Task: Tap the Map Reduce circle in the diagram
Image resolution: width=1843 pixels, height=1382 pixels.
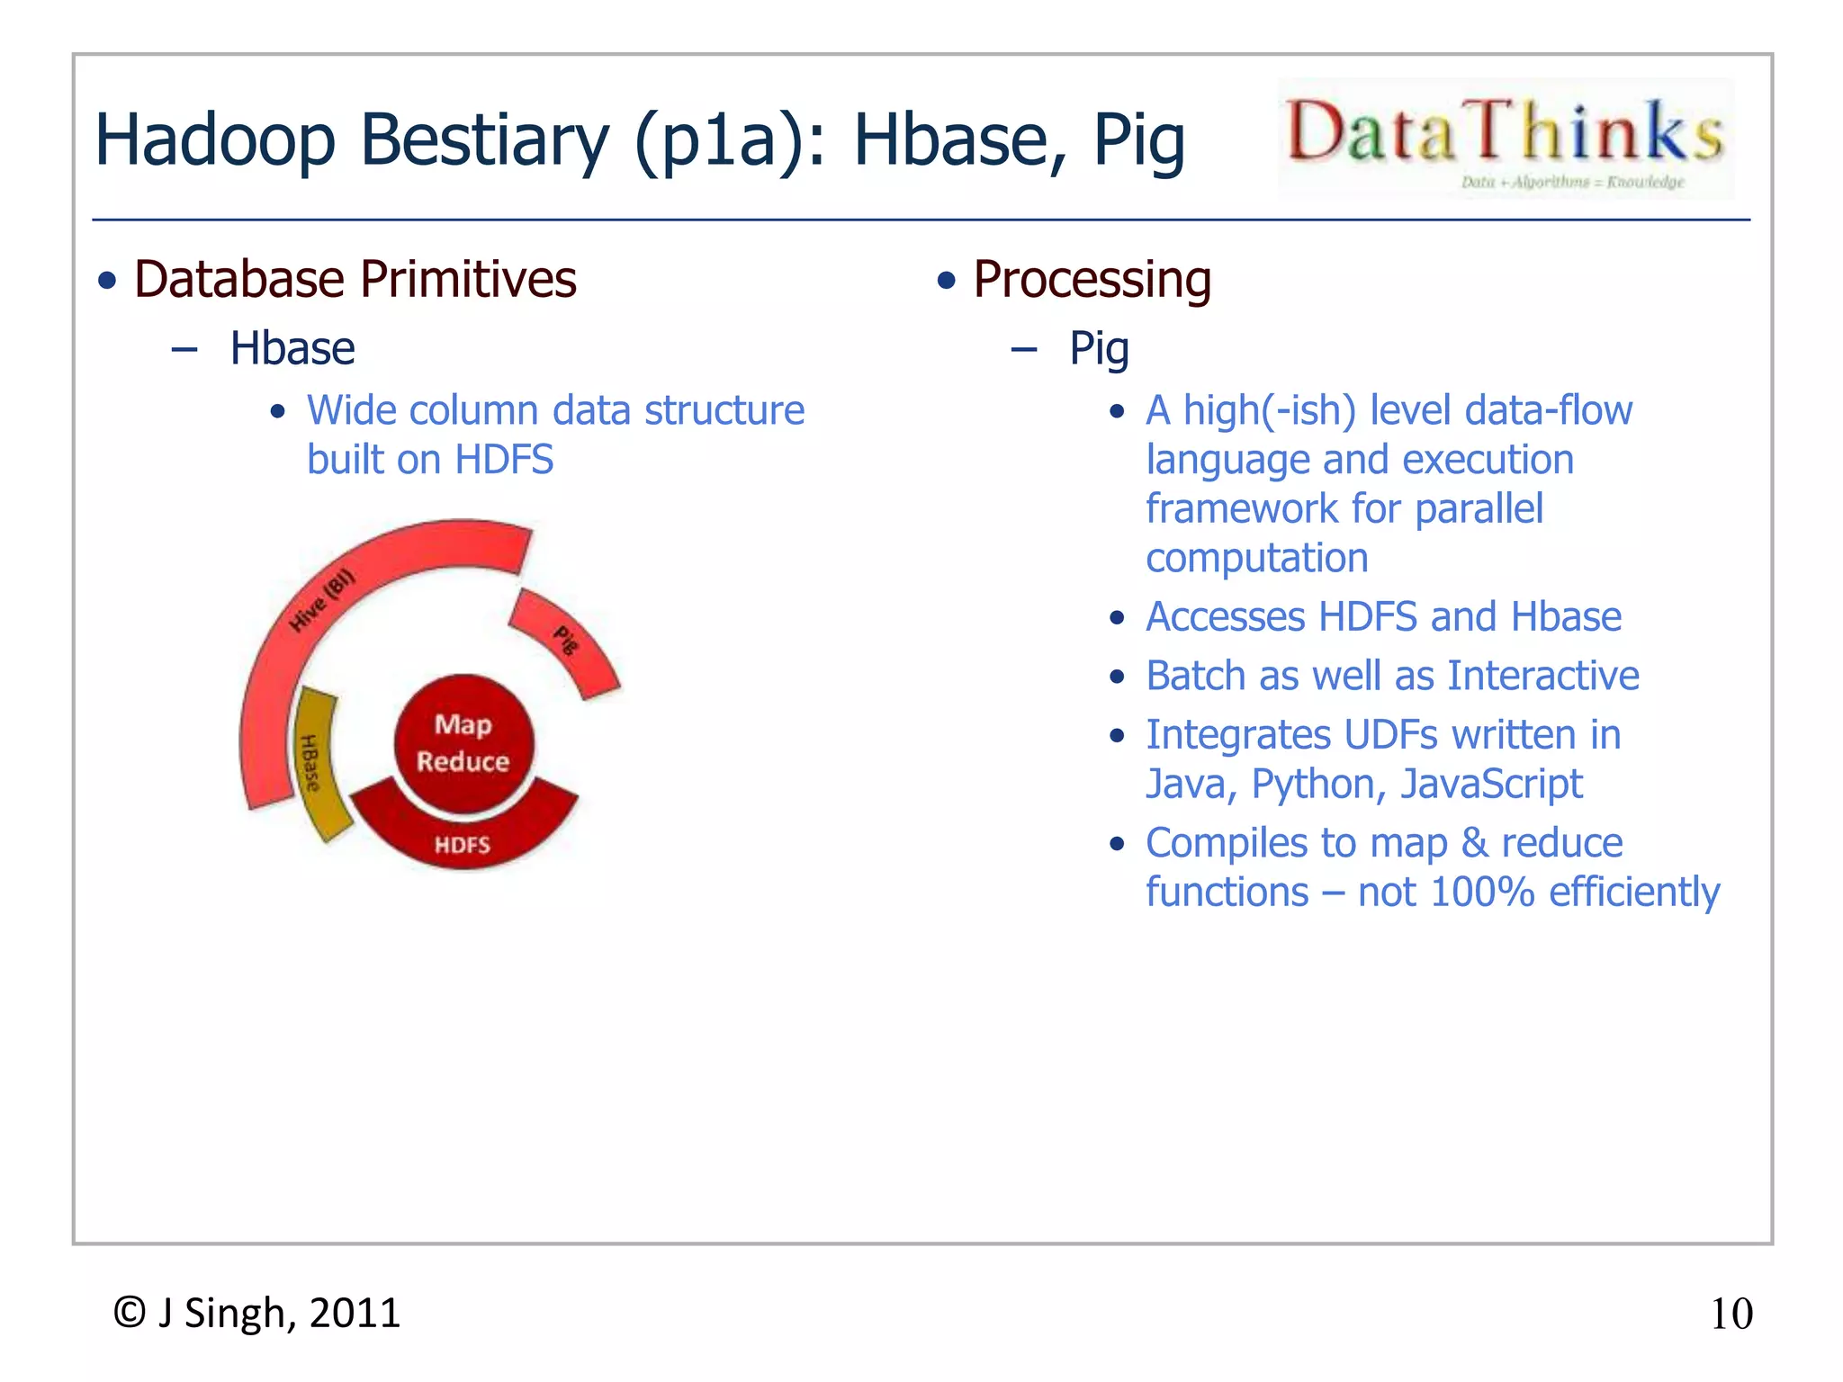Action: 463,743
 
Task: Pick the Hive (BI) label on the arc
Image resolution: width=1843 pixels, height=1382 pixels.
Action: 322,601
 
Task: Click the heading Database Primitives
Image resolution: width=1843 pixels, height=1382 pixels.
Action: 355,279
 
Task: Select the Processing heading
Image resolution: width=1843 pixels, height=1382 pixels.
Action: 1092,279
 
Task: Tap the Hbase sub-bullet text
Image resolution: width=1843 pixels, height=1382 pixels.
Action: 292,348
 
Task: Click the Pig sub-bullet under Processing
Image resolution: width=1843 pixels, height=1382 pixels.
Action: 1099,348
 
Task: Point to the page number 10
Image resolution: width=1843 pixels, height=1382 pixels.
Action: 1731,1314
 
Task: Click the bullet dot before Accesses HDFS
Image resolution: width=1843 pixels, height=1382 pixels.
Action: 1117,618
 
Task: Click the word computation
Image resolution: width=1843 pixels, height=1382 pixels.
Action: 1256,559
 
